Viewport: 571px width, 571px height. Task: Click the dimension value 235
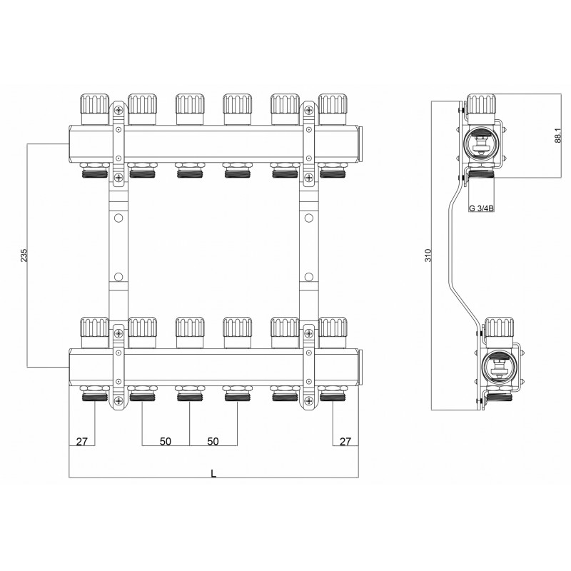(24, 256)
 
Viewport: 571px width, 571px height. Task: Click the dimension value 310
(428, 256)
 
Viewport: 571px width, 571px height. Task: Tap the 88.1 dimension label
(558, 135)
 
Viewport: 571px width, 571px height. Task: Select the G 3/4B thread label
(481, 208)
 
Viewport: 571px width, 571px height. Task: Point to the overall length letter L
(213, 473)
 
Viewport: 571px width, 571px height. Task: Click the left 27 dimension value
(82, 441)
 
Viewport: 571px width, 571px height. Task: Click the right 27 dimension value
(345, 441)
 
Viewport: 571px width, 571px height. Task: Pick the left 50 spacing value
(166, 441)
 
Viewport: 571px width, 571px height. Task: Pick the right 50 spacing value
(213, 441)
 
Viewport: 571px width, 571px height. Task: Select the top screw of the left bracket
(118, 109)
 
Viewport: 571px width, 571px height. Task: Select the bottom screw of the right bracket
(309, 401)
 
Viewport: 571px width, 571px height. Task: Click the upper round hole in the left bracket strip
(118, 218)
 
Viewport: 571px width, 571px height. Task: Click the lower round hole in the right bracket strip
(309, 277)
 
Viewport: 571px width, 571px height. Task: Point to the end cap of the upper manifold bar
(360, 144)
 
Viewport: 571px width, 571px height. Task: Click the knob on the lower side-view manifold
(500, 327)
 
